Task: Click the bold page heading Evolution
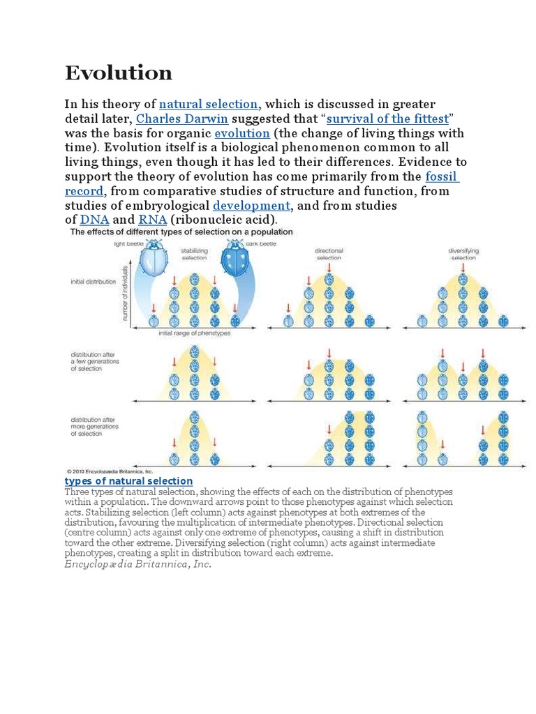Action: (119, 73)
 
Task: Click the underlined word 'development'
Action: (251, 205)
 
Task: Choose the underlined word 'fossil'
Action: (442, 176)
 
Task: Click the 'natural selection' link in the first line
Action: (208, 104)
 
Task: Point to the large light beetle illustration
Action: (152, 261)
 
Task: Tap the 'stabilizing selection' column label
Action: (194, 253)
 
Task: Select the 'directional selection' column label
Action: (329, 253)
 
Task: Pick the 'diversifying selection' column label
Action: (463, 253)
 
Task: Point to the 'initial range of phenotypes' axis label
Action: (194, 333)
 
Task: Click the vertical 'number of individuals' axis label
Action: (126, 293)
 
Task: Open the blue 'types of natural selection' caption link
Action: (128, 481)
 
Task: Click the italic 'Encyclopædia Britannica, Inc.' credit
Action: (137, 564)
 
